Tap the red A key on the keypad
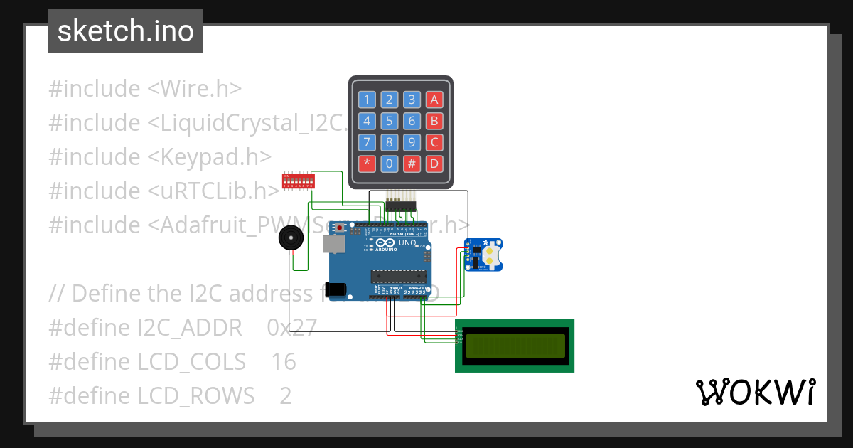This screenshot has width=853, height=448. point(434,100)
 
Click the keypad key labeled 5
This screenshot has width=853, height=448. point(389,121)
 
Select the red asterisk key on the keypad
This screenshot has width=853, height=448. point(367,164)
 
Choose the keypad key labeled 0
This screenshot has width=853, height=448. point(389,164)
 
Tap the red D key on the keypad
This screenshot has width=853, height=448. point(434,164)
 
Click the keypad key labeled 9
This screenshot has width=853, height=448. point(412,142)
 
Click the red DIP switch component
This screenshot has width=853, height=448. point(299,181)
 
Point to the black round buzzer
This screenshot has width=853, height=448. point(290,238)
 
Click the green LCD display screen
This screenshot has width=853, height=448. point(515,346)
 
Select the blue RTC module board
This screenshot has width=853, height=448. point(484,255)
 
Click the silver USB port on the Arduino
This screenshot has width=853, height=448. point(333,244)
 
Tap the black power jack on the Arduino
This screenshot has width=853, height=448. point(335,289)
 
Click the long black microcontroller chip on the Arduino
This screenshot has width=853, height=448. point(399,277)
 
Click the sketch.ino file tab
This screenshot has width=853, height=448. point(126,31)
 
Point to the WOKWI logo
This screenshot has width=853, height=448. point(755,393)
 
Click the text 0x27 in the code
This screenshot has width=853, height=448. point(291,327)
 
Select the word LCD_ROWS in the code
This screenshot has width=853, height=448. point(195,395)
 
